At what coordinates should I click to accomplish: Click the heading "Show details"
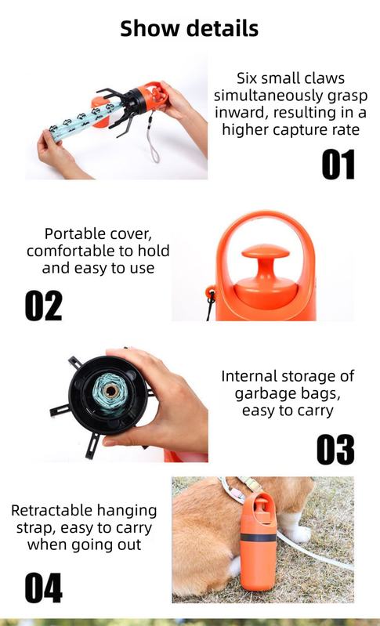(x=190, y=29)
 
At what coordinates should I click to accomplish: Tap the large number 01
(x=338, y=165)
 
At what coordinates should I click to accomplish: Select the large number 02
(x=43, y=306)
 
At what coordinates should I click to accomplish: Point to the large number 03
(x=335, y=450)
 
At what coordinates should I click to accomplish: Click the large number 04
(x=43, y=588)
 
